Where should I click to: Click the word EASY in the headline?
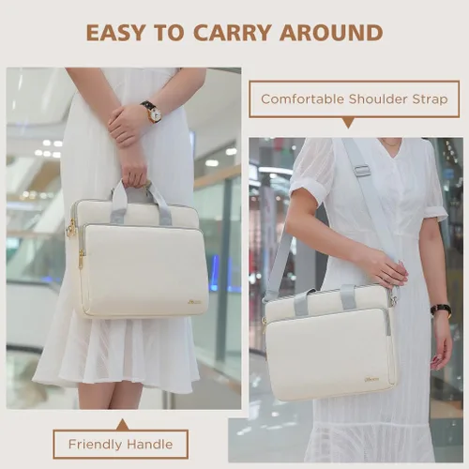[x=116, y=33]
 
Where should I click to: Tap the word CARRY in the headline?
[x=233, y=33]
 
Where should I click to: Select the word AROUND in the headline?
[x=331, y=33]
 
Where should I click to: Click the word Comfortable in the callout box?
[x=302, y=99]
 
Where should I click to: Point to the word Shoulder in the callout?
[x=378, y=99]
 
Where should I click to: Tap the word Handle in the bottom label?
[x=149, y=444]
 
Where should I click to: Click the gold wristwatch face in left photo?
[x=156, y=115]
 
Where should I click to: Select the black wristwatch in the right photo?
[x=441, y=310]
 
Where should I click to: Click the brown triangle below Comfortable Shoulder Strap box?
[x=348, y=123]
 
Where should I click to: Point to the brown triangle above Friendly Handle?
[x=123, y=425]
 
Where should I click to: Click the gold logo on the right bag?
[x=371, y=380]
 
